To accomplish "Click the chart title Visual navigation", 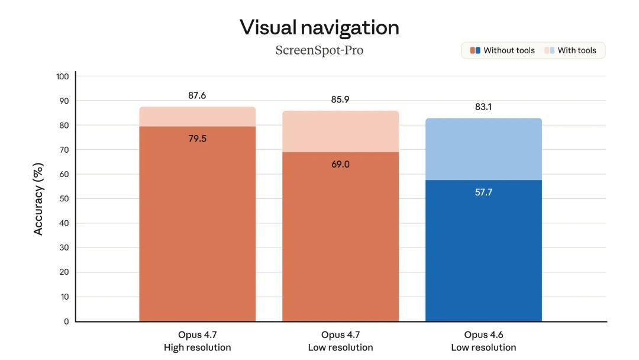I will pos(319,27).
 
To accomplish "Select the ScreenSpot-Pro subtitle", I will pos(319,50).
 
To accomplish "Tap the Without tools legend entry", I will pos(503,50).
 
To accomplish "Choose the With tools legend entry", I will pos(571,50).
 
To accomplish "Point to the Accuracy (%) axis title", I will pos(39,199).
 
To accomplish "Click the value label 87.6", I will pos(197,95).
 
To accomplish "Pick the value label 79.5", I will pos(197,139).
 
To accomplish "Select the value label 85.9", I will pos(340,99).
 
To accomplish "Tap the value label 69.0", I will pos(340,164).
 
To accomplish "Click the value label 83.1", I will pos(483,107).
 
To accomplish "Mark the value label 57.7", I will pos(483,192).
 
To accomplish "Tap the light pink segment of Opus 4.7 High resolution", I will pos(197,117).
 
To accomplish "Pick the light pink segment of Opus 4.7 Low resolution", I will pos(340,131).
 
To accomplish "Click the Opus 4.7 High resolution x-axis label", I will pos(197,341).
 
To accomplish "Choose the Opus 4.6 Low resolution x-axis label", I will pos(483,341).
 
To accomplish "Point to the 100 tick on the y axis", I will pos(63,76).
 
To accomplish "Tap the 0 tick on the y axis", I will pos(66,322).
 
